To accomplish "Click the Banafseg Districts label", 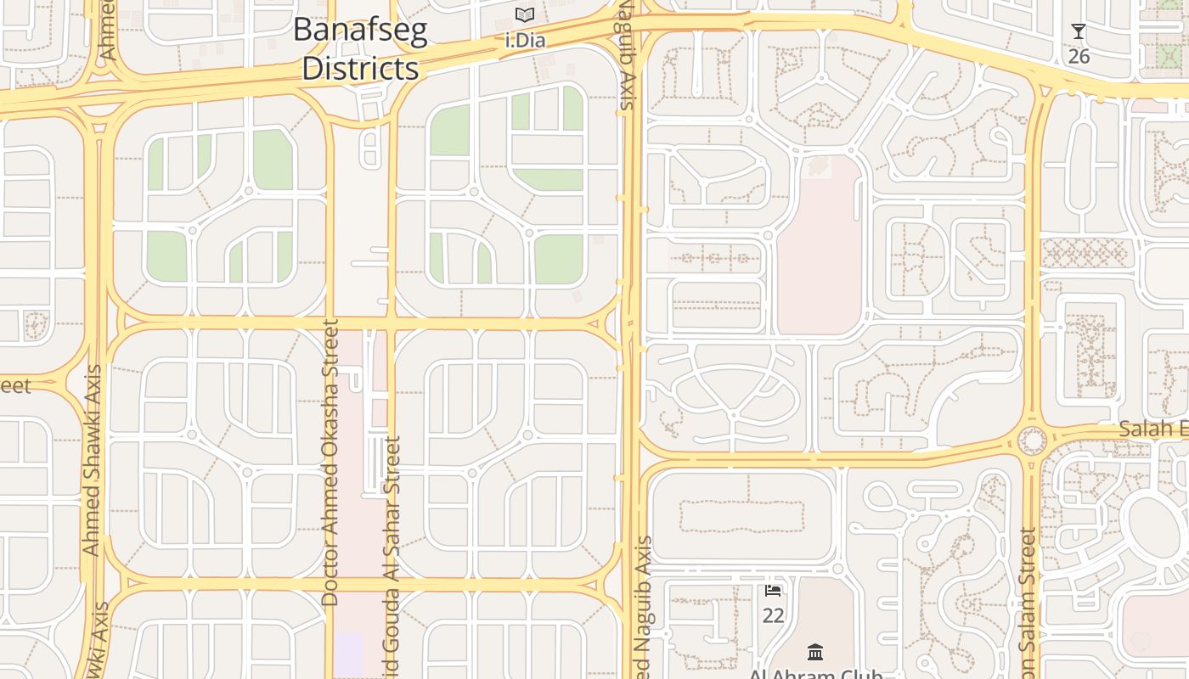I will (x=360, y=49).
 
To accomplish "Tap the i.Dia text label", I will (x=525, y=40).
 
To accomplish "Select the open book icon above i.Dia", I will (x=525, y=15).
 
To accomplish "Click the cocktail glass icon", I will (x=1079, y=32).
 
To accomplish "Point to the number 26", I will (x=1079, y=56).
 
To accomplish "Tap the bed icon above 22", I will (x=773, y=590).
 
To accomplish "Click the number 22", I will (x=773, y=614).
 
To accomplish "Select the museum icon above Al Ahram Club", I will (x=815, y=652).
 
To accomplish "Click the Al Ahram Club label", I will (x=815, y=674).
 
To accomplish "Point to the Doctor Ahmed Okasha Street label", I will (x=330, y=463).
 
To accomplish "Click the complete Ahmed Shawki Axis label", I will (x=92, y=460).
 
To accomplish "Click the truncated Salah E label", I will (x=1152, y=429).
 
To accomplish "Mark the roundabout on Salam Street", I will (x=1032, y=441).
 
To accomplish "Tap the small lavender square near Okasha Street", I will (x=348, y=654).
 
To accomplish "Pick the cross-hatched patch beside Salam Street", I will (x=1085, y=252).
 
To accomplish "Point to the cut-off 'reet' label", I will (x=15, y=386).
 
